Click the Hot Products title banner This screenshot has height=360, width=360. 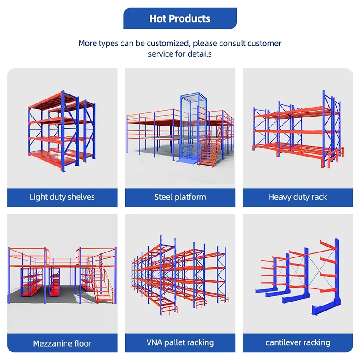point(180,18)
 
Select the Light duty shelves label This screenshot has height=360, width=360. point(62,197)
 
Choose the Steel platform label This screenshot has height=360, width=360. point(180,197)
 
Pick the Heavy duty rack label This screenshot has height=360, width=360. point(297,197)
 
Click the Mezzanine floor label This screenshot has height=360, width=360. point(62,343)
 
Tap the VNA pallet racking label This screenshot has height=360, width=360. point(180,343)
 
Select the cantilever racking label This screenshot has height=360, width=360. point(297,343)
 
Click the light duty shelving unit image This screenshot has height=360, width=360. point(62,130)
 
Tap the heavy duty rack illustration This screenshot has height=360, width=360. point(297,130)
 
